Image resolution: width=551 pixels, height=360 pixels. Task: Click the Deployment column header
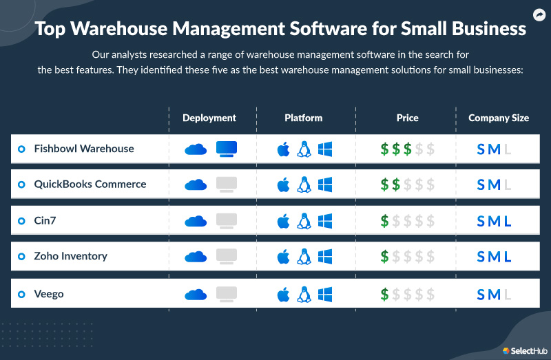(x=209, y=118)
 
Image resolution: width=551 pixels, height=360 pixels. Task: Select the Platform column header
(x=303, y=118)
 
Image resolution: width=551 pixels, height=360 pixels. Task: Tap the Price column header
(x=407, y=118)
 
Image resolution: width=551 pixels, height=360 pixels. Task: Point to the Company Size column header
(x=499, y=118)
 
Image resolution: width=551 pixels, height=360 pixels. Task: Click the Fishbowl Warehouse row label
(x=84, y=149)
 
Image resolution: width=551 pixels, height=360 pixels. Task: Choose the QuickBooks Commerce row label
(x=90, y=184)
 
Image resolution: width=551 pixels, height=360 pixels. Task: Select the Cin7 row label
(x=46, y=220)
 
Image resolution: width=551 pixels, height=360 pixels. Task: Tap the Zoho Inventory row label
(x=71, y=256)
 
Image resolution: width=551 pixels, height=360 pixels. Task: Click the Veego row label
(x=49, y=294)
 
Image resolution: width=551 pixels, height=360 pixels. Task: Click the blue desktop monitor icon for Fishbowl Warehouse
(x=227, y=149)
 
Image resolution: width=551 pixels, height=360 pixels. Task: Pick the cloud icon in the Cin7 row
(x=196, y=221)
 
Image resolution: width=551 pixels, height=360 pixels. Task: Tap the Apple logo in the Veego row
(x=282, y=295)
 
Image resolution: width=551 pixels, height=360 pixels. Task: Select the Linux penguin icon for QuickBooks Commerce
(x=304, y=184)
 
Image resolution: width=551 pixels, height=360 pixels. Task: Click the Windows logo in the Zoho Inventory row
(x=325, y=257)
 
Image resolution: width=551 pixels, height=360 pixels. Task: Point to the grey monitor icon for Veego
(x=227, y=294)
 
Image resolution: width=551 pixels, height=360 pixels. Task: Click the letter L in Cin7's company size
(x=508, y=221)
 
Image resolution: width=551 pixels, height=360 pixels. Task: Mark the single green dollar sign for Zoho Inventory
(x=385, y=257)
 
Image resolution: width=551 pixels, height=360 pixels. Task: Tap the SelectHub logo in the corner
(x=524, y=350)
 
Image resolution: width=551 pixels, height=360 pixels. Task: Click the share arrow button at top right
(x=539, y=14)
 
